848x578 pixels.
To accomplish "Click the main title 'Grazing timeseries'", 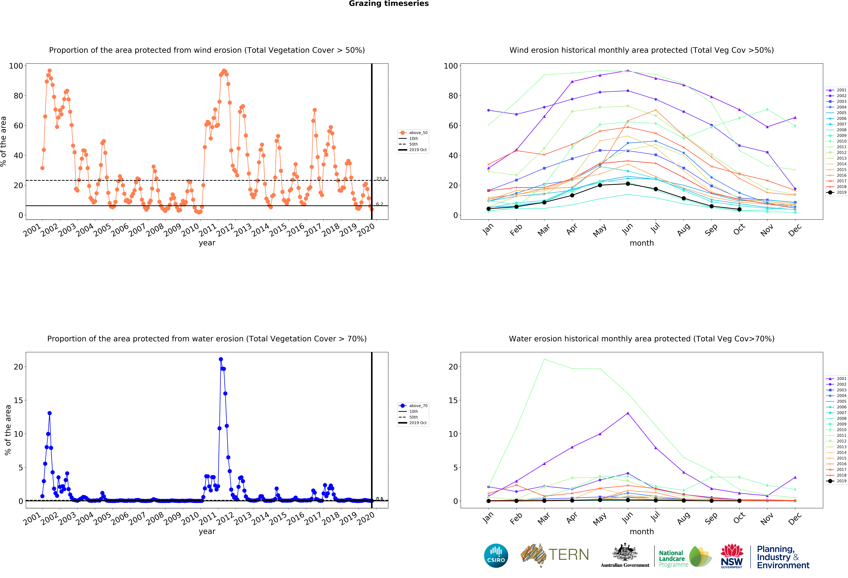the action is pos(389,4).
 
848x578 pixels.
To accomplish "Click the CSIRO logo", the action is pos(496,556).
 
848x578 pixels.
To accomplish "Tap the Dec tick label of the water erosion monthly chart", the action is pos(795,518).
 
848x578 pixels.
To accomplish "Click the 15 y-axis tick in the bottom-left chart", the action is pos(18,400).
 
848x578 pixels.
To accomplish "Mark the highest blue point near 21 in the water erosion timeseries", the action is pos(221,359).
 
